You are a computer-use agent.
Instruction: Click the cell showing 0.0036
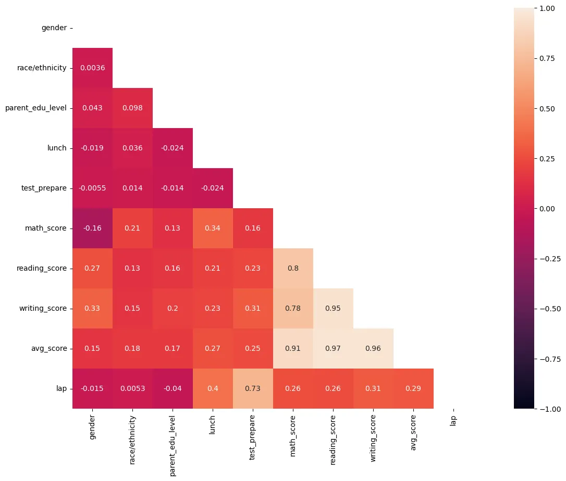tap(92, 68)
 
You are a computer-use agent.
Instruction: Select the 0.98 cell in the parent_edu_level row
tap(132, 108)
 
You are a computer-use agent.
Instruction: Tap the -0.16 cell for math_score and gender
tap(92, 228)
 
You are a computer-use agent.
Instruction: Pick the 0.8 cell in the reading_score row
tap(293, 268)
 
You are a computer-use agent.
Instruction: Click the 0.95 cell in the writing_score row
tap(333, 308)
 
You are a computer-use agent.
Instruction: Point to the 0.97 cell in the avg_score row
tap(333, 348)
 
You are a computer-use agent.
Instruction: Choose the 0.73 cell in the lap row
tap(253, 388)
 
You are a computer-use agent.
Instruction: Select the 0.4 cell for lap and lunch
tap(213, 388)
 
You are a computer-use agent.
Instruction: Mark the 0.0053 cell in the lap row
tap(132, 388)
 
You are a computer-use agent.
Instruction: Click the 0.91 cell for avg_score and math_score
tap(293, 348)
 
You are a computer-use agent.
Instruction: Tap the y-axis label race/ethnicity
tap(42, 68)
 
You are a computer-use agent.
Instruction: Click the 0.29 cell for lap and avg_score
tap(413, 388)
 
